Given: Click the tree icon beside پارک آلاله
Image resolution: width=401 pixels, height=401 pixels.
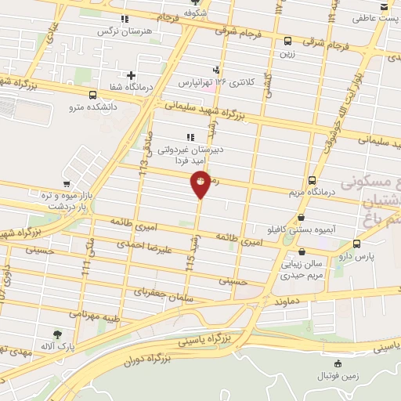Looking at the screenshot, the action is pos(57,334).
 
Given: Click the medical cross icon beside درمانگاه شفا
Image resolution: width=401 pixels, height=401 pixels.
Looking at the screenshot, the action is pos(132,75).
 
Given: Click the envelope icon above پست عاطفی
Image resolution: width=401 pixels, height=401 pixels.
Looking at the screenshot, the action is pos(384,6).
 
